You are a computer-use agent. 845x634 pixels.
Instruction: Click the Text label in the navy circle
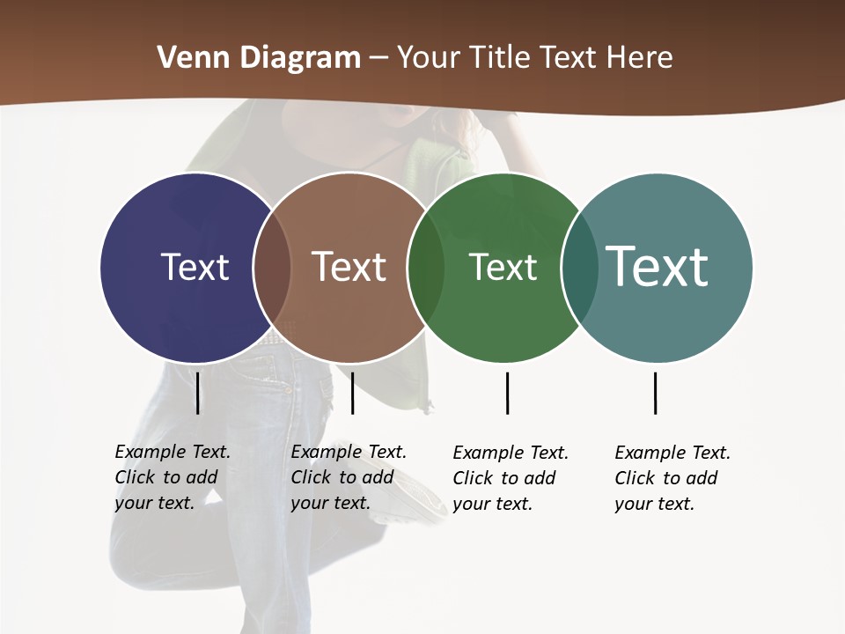click(x=195, y=267)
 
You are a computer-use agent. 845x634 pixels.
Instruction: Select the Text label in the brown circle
click(x=349, y=267)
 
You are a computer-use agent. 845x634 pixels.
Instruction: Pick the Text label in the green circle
click(x=503, y=267)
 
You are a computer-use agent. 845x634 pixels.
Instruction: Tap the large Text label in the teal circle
click(x=657, y=266)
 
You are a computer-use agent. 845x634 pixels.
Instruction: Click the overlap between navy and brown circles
click(x=272, y=268)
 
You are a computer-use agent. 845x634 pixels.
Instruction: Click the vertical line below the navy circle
click(x=198, y=393)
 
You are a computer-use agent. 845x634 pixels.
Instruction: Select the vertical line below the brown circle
click(x=352, y=393)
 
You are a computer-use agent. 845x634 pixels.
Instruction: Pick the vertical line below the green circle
click(x=507, y=393)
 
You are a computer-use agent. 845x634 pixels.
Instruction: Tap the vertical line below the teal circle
click(x=655, y=393)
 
